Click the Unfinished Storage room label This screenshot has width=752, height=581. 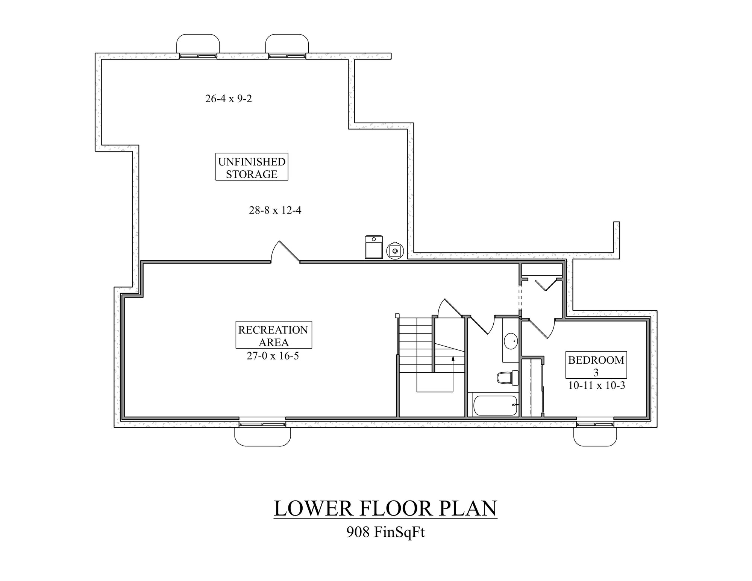click(x=252, y=167)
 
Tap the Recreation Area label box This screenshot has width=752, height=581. click(x=273, y=335)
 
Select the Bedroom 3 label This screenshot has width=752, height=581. click(x=596, y=365)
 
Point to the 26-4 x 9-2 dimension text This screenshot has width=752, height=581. click(x=229, y=99)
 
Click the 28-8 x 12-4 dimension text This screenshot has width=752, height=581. click(x=275, y=210)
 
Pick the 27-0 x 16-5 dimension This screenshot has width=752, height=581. click(x=273, y=356)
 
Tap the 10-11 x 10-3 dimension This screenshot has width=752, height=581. click(x=597, y=385)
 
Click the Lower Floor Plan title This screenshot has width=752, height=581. click(x=385, y=508)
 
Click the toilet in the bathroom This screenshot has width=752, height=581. click(x=508, y=378)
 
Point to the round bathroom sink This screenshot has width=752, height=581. click(x=511, y=341)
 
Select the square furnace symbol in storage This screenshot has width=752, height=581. click(x=374, y=247)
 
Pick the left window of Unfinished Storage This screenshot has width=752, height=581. click(x=198, y=56)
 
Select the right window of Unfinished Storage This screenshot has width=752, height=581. click(x=287, y=56)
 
